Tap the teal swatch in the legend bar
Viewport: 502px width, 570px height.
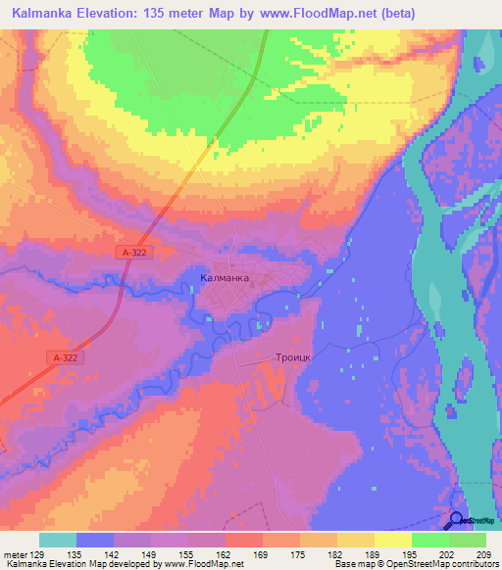(58, 540)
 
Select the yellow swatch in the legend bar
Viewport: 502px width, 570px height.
(393, 540)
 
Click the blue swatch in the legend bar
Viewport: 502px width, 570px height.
(95, 540)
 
